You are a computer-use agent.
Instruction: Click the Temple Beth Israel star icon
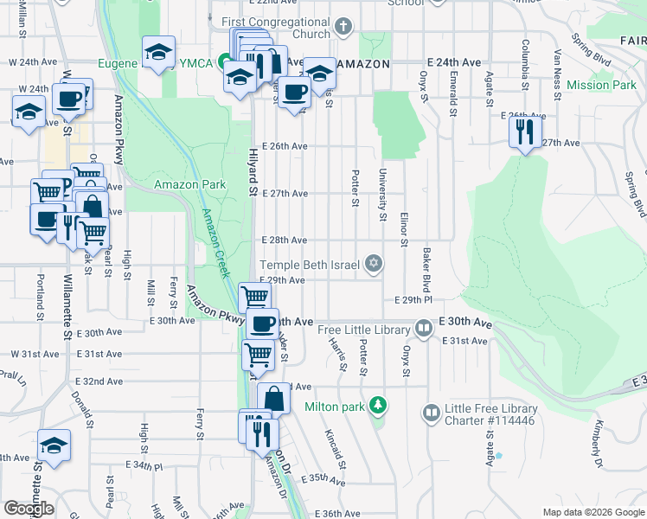tap(374, 263)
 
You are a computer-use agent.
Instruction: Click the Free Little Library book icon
tap(424, 329)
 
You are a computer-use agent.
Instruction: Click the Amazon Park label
tap(189, 184)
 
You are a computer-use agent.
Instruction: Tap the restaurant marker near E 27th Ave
tap(524, 132)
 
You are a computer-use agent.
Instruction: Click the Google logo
tap(29, 508)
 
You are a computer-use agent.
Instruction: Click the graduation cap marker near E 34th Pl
tap(54, 446)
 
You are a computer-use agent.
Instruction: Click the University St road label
tap(381, 195)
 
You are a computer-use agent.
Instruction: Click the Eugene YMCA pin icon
tap(224, 61)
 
